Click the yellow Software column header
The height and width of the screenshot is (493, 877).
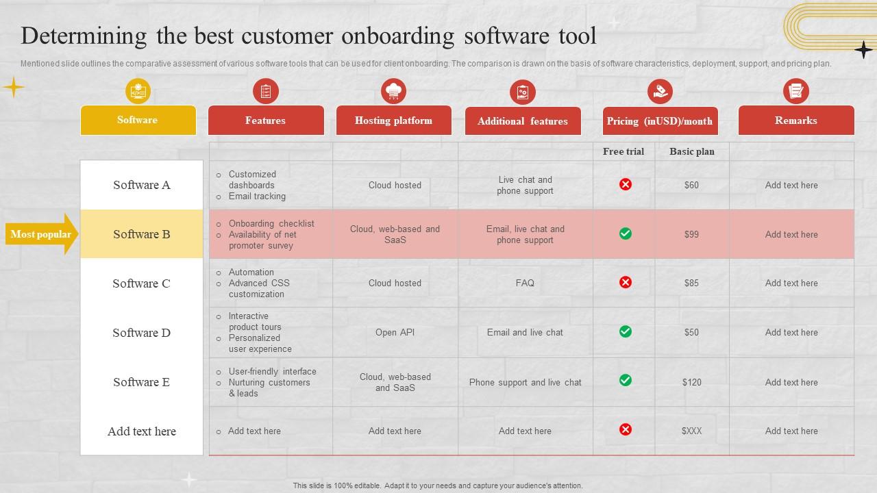tap(138, 121)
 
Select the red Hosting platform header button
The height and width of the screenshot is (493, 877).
tap(393, 121)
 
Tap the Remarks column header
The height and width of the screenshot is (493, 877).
tap(795, 121)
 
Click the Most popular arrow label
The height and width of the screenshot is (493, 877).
tap(41, 234)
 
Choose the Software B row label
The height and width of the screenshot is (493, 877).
tap(141, 234)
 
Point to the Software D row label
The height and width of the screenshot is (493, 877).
tap(141, 333)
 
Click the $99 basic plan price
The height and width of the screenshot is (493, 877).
tap(691, 234)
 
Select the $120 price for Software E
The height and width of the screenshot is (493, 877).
tap(691, 382)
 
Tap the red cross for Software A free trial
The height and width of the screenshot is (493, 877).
tap(625, 184)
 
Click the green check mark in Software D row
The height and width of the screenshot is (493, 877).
tap(625, 331)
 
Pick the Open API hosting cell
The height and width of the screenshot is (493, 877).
tap(395, 332)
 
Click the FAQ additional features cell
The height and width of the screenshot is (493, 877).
tap(525, 283)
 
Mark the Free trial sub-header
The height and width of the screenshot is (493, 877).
tap(623, 151)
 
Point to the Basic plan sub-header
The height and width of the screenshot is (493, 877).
tap(691, 151)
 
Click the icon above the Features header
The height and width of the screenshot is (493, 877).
tap(265, 91)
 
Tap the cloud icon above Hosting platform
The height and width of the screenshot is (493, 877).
tap(393, 91)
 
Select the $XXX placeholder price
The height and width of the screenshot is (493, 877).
tap(691, 431)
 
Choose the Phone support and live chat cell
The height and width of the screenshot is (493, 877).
tap(525, 382)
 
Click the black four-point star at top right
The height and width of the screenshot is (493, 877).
tap(863, 49)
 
